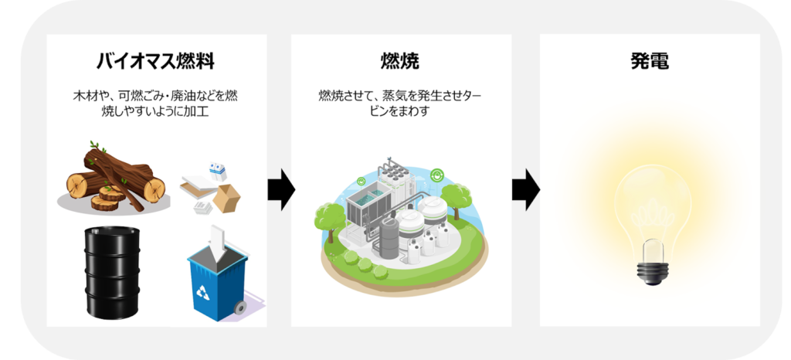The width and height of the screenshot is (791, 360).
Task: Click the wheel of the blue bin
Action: point(240,307)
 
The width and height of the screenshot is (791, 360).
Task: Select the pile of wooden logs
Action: point(116,179)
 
